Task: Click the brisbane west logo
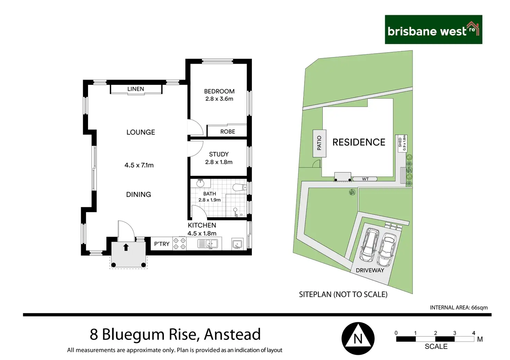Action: (x=433, y=29)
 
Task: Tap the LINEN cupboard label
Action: (x=135, y=89)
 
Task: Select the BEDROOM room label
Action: (x=219, y=91)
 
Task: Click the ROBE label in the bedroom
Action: (x=228, y=132)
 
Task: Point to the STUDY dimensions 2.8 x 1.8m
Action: (x=219, y=162)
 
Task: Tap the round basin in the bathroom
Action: (x=200, y=183)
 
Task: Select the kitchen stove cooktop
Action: (x=179, y=244)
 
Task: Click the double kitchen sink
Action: (x=208, y=244)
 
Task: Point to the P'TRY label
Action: (x=162, y=244)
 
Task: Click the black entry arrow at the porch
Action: (x=126, y=247)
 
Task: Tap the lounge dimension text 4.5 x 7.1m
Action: (x=139, y=165)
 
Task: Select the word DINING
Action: (x=139, y=195)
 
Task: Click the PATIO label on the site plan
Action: (x=319, y=143)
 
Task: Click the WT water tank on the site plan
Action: (x=365, y=179)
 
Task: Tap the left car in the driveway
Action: (x=369, y=245)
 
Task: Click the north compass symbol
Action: (x=358, y=339)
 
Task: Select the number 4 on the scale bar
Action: (x=473, y=333)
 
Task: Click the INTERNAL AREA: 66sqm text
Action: (x=459, y=307)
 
